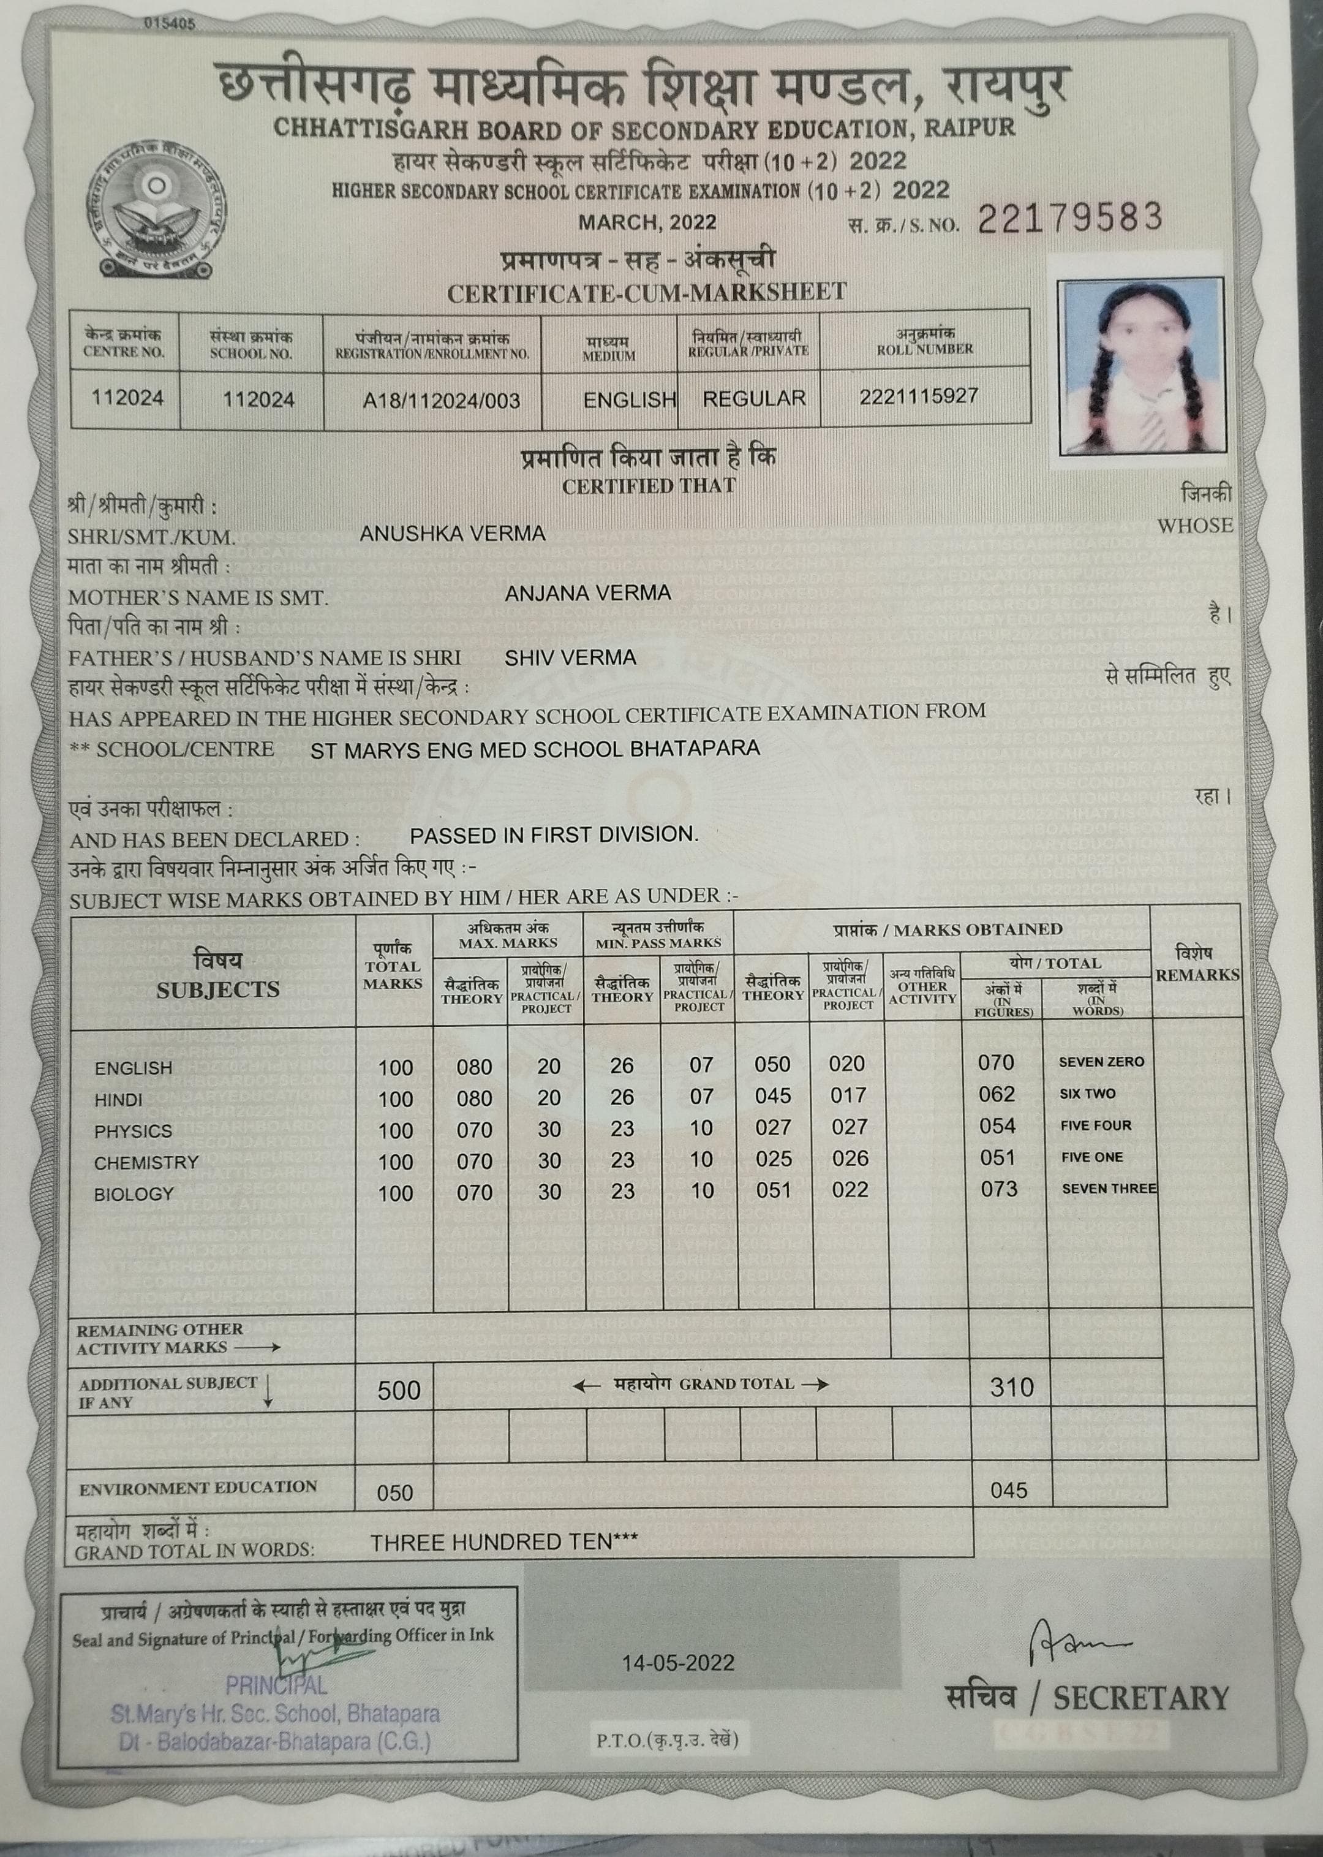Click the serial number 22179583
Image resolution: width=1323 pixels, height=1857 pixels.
(x=1069, y=217)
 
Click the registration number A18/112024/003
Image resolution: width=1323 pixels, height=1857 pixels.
(x=441, y=401)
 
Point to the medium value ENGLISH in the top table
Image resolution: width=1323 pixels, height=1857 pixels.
(x=630, y=400)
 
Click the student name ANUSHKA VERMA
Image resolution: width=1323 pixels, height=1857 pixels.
(x=452, y=534)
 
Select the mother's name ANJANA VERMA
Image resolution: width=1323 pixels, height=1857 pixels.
(x=587, y=592)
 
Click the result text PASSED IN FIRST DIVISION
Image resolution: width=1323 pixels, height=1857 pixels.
(x=554, y=835)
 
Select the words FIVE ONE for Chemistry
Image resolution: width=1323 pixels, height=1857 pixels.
(x=1091, y=1157)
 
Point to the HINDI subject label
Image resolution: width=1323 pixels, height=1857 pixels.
(x=118, y=1100)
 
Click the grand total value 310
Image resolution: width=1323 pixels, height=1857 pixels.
(x=1012, y=1388)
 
